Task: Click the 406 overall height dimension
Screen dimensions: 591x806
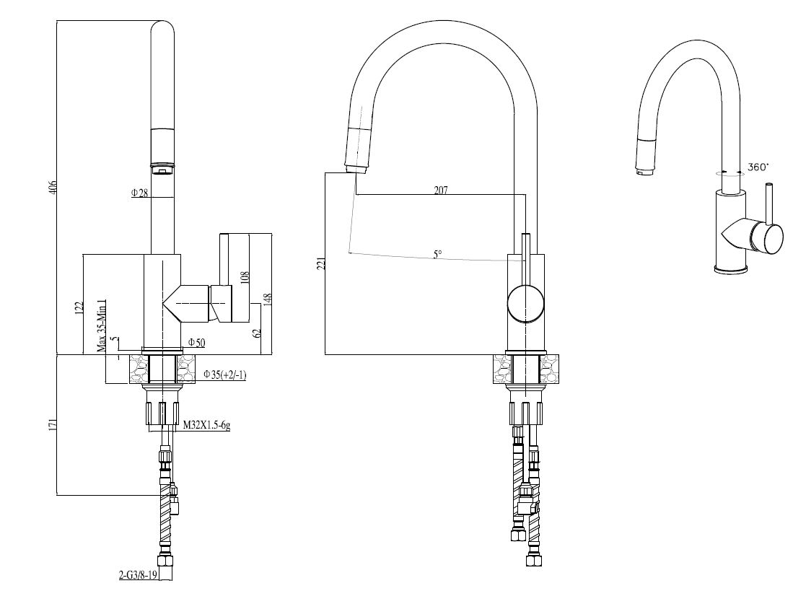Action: coord(52,188)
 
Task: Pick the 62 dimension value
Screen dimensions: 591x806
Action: coord(257,333)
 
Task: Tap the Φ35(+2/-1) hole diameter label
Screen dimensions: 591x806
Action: coord(225,374)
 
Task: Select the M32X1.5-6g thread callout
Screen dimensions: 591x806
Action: coord(206,425)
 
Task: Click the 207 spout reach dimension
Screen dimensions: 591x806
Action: coord(441,191)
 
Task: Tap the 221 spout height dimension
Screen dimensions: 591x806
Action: coord(321,263)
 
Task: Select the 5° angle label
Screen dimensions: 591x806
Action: coord(437,254)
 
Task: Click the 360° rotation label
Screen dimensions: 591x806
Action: coord(758,167)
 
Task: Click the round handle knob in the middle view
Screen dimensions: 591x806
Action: coord(526,304)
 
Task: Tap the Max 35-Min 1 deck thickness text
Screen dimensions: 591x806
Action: coord(102,326)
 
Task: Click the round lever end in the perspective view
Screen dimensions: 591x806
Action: coord(766,239)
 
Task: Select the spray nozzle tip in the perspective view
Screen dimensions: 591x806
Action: coord(641,170)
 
